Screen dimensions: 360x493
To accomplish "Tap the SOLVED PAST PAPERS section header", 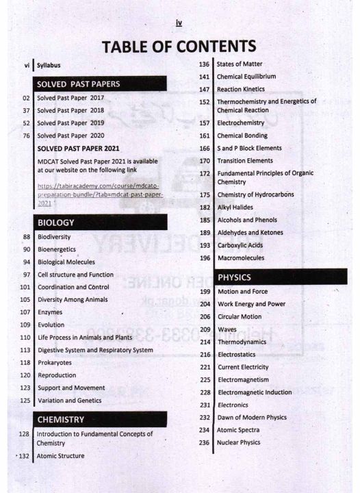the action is click(x=77, y=84).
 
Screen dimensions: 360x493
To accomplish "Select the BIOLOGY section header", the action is click(x=56, y=223).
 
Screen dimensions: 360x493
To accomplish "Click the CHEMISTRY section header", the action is click(x=61, y=419).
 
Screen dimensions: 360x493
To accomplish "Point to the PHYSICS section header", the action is click(x=234, y=277).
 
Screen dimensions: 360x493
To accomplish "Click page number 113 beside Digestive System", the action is click(x=25, y=350).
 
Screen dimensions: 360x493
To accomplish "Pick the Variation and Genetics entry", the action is click(x=69, y=401).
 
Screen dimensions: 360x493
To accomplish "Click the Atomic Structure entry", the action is click(x=60, y=456).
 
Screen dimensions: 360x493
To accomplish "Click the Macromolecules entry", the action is click(x=240, y=258).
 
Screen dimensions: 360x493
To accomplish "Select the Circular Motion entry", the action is click(x=240, y=317).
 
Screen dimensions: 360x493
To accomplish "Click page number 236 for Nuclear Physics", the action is click(x=204, y=442).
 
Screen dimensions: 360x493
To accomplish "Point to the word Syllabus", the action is click(x=49, y=66).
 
